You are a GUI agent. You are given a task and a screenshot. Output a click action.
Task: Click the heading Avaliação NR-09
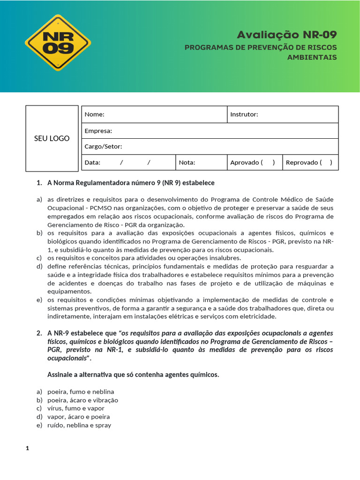click(x=286, y=35)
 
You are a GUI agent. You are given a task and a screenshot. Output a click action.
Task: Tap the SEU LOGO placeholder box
click(x=52, y=138)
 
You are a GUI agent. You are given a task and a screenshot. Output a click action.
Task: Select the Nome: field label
click(x=94, y=114)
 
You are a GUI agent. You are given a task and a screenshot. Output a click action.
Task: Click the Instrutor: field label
click(x=244, y=114)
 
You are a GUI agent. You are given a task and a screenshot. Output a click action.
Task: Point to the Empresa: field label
click(x=98, y=131)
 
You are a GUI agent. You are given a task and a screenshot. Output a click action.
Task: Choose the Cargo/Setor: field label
click(x=103, y=147)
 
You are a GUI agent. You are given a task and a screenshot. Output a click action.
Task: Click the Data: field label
click(x=92, y=163)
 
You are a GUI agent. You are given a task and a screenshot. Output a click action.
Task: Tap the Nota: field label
click(x=187, y=163)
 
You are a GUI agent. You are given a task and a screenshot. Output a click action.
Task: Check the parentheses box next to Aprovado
click(x=268, y=163)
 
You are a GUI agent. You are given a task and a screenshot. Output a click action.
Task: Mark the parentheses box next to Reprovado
click(x=326, y=163)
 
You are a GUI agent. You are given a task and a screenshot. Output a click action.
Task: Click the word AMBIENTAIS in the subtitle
click(x=312, y=57)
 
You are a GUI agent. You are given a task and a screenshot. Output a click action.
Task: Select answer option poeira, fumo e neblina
click(x=81, y=391)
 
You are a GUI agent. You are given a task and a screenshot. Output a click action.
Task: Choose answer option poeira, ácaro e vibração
click(x=82, y=400)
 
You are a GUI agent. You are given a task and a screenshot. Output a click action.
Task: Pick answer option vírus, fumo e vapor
click(x=75, y=408)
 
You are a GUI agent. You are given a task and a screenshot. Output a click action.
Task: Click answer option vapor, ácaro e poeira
click(x=78, y=417)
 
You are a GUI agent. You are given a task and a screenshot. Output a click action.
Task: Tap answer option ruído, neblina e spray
click(x=79, y=425)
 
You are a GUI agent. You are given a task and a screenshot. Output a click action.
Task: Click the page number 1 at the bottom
click(x=27, y=449)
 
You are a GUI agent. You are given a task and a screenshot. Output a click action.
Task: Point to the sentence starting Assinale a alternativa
click(x=133, y=375)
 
